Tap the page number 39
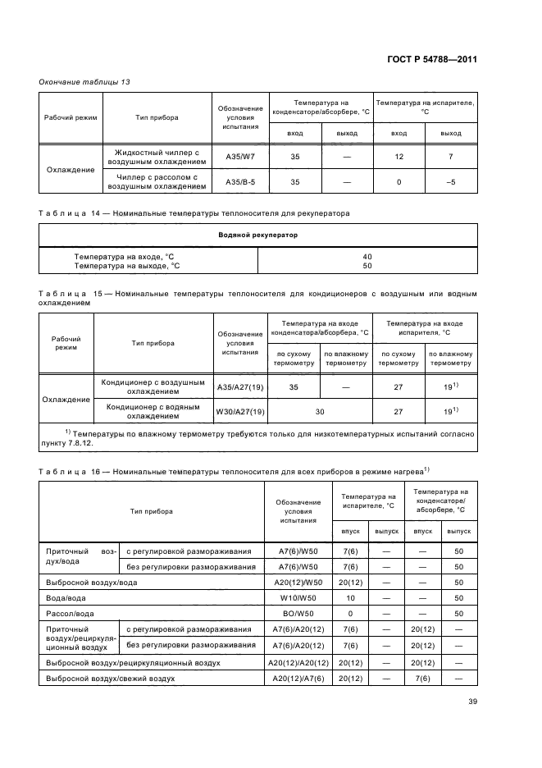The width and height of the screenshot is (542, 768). tap(472, 701)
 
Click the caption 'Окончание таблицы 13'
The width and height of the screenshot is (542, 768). tap(80, 81)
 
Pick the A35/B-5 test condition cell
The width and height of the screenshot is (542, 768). tap(240, 181)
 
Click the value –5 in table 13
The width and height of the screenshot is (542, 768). tap(450, 181)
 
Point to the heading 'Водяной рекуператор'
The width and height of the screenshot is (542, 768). tap(257, 235)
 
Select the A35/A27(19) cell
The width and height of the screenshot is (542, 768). tap(240, 386)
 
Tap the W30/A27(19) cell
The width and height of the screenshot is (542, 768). tap(240, 411)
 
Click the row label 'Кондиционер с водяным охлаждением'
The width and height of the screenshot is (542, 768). tap(152, 411)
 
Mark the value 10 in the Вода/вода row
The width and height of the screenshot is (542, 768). tap(350, 597)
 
